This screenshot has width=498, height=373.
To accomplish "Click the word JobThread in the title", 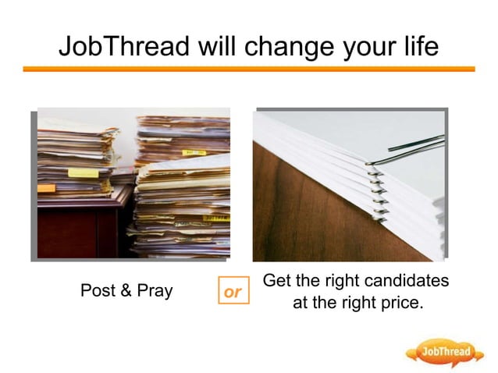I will click(124, 46).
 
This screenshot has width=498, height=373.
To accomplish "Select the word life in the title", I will click(418, 46).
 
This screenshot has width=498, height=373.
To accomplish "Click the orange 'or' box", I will click(233, 293).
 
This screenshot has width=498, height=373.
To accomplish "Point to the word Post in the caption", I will click(97, 292).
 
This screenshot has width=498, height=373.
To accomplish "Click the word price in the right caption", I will click(400, 303).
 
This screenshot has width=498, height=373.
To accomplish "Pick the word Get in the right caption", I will click(279, 280).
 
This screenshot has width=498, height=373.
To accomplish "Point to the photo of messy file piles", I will click(133, 183).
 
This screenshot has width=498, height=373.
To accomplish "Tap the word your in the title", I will click(369, 47).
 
